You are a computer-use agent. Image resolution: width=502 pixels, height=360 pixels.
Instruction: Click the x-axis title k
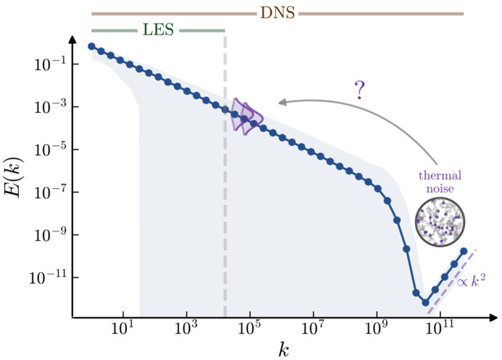(283, 349)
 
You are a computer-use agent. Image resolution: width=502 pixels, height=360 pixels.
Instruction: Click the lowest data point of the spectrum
(426, 302)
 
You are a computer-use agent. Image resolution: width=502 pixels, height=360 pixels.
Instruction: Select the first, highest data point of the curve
(92, 46)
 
